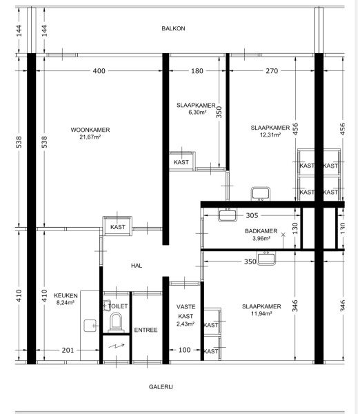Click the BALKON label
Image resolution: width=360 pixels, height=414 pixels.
point(173,28)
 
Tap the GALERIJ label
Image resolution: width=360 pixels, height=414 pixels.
point(161,387)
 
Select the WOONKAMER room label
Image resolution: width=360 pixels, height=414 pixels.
point(90,130)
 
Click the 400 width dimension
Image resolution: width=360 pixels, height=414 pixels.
point(99,71)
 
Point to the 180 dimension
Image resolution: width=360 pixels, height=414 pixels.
point(197,71)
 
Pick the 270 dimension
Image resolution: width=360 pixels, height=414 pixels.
point(272,71)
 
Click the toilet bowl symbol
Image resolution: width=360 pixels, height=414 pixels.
point(116,322)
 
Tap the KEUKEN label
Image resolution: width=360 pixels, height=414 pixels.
point(66,296)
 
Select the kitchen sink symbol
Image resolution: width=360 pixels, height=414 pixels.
point(90,326)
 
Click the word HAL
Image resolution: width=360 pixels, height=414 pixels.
point(137,266)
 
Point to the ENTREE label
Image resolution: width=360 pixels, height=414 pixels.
point(146,330)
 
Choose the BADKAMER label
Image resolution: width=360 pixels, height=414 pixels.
point(261,231)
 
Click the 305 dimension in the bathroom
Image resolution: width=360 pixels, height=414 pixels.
point(252,215)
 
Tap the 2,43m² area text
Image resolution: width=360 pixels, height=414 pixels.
point(186,324)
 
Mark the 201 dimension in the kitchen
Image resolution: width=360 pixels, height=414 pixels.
point(68,350)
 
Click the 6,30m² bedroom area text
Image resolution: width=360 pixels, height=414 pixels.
point(197,112)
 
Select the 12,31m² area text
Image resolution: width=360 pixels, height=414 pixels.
point(270,135)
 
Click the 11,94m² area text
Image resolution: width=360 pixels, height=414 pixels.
point(261,313)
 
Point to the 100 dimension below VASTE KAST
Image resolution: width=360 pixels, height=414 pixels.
point(185,350)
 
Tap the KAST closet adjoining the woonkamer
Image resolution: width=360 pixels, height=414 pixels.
point(117,226)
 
